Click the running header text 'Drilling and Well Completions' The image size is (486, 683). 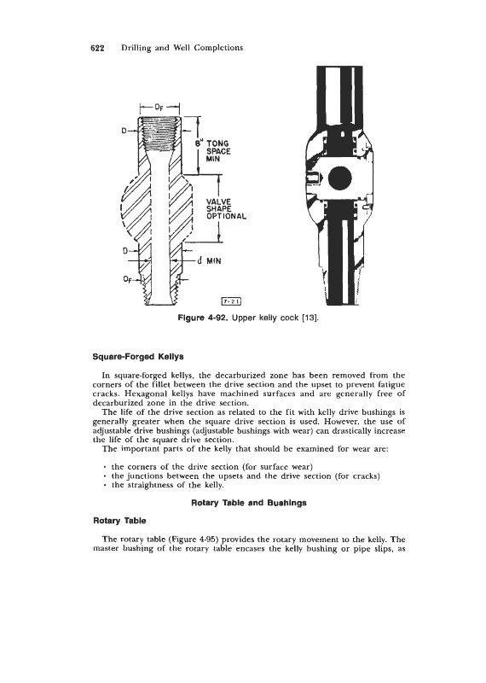[x=182, y=48]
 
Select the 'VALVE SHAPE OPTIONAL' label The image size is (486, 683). [x=226, y=208]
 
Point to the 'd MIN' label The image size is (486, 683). [x=209, y=261]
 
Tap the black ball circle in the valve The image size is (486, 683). [x=339, y=178]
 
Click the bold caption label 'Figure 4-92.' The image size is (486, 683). [x=204, y=318]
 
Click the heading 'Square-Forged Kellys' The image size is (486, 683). [x=139, y=356]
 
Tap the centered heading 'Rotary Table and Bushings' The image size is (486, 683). [x=249, y=503]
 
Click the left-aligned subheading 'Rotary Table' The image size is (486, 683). [x=120, y=521]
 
